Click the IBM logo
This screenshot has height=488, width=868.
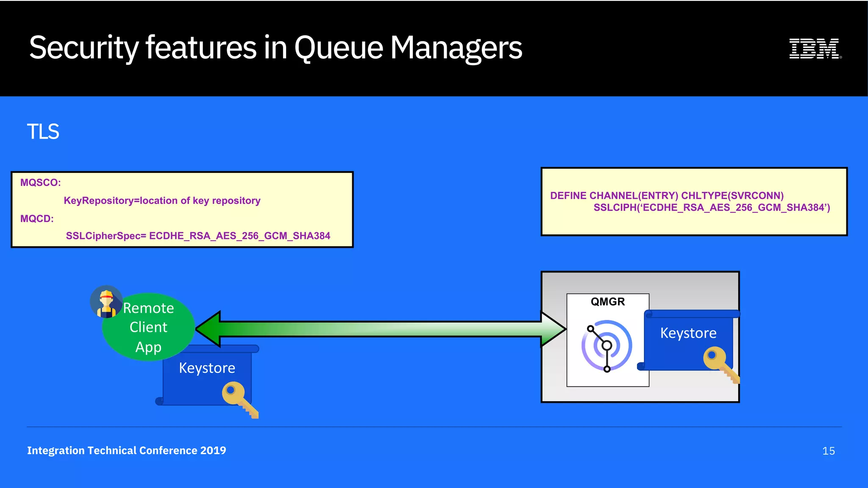(815, 48)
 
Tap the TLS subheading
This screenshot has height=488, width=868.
(43, 132)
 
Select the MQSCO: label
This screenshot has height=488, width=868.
(41, 183)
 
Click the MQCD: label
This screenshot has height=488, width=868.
(37, 219)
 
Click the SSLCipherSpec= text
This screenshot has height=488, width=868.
(106, 236)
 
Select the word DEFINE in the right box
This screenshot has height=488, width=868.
(568, 196)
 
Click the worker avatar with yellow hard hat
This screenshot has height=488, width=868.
(106, 302)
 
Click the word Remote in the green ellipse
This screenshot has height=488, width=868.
(148, 308)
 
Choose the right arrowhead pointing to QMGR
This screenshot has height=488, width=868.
(553, 329)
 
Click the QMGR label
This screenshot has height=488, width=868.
(608, 302)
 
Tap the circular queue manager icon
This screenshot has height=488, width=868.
(607, 346)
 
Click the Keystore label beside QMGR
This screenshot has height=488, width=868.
(688, 333)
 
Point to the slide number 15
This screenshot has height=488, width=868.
(828, 451)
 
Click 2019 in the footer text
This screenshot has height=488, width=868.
(213, 450)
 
